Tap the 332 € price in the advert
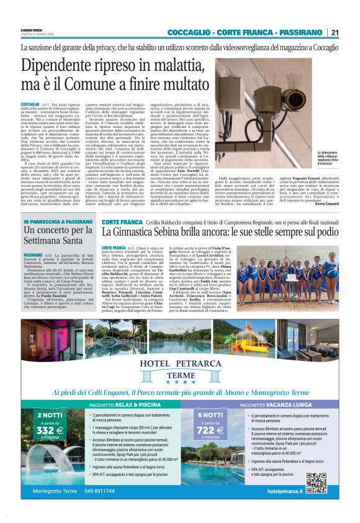tap(50, 431)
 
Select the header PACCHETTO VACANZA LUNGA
tap(272, 405)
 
